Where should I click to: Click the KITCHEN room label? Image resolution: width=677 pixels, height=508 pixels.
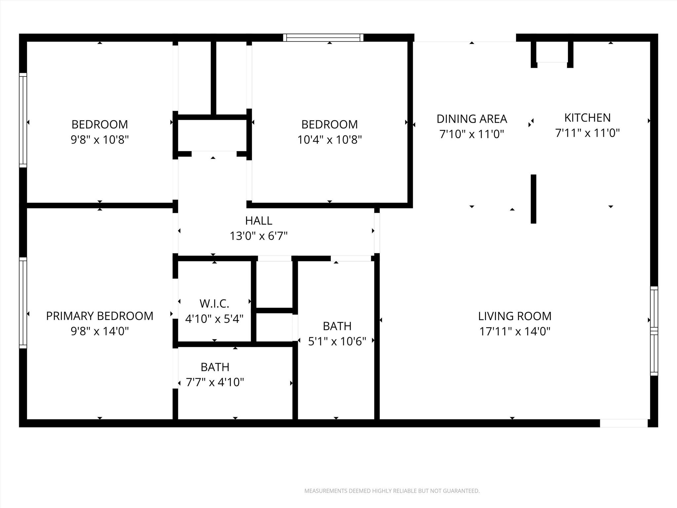(x=587, y=118)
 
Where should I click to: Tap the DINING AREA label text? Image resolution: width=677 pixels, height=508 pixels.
(x=472, y=119)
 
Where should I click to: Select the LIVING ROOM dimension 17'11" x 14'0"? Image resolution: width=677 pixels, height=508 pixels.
(x=515, y=331)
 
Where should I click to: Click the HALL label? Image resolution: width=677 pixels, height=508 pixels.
(x=259, y=221)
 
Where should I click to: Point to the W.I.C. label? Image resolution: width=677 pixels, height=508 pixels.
(x=214, y=303)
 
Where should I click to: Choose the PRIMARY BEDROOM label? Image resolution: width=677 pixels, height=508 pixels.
(x=100, y=316)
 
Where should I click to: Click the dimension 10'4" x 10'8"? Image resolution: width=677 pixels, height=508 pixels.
(x=330, y=140)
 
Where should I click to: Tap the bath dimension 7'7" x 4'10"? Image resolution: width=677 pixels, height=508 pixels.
(x=215, y=382)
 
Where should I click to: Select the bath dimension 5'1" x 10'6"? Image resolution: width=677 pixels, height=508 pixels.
(x=337, y=341)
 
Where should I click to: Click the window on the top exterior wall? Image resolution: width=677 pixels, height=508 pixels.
(x=323, y=38)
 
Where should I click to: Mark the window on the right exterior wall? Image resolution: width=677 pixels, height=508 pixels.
(x=654, y=331)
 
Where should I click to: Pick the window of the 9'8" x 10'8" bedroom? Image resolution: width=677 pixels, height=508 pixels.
(x=23, y=120)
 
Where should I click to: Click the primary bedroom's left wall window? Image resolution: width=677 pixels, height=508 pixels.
(x=23, y=303)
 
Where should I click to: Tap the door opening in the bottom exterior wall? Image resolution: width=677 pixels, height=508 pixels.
(x=623, y=423)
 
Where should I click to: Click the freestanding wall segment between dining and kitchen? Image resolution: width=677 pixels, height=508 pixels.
(x=533, y=199)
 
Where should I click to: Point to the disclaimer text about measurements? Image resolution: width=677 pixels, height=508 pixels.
(x=392, y=491)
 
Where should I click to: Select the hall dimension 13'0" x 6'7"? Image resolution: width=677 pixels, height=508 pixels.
(x=259, y=236)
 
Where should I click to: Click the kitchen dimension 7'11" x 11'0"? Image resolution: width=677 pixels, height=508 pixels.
(x=587, y=133)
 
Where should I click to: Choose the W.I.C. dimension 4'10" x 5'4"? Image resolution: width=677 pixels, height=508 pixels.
(x=214, y=319)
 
